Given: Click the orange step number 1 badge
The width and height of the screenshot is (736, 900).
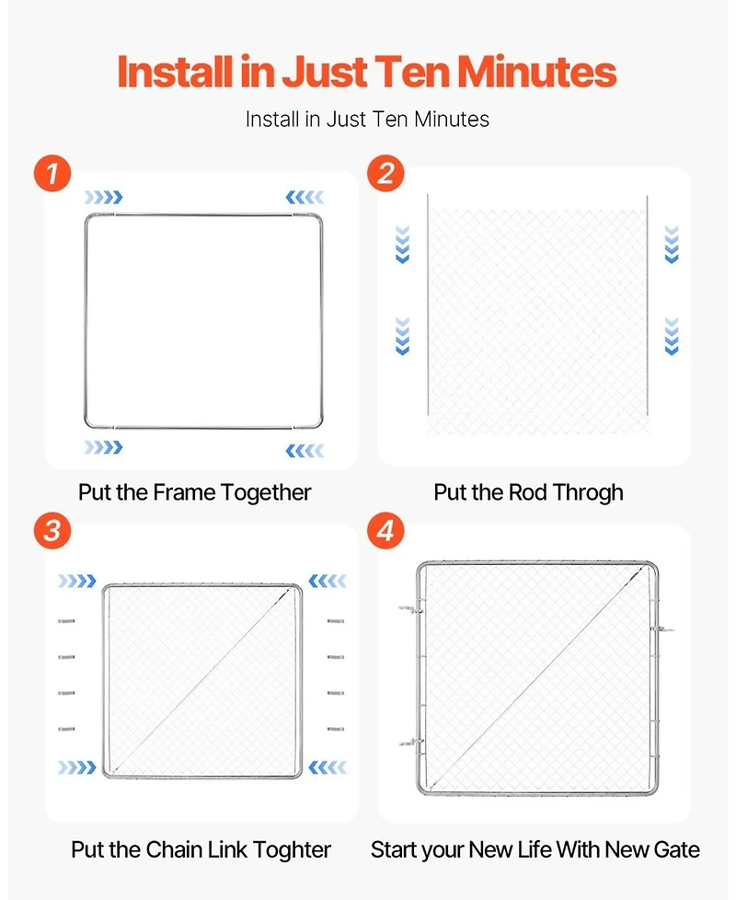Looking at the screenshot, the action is [x=52, y=174].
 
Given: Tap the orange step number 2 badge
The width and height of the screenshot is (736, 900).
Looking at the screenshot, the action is [x=385, y=174].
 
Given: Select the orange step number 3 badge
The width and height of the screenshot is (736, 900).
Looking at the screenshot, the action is [x=52, y=530].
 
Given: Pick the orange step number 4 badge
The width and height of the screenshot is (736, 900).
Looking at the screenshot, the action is [x=385, y=530].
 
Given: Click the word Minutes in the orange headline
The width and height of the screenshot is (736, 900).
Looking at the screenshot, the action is [x=536, y=72].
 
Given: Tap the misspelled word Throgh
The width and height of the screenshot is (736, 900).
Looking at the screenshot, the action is [x=588, y=493].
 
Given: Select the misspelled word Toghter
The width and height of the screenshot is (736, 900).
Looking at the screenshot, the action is [x=292, y=850].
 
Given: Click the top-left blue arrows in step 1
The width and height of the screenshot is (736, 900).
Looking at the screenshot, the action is [x=104, y=198].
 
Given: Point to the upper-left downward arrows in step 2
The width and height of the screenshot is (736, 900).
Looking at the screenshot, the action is [x=403, y=245].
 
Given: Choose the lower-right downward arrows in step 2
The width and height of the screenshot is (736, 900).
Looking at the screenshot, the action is [x=672, y=337].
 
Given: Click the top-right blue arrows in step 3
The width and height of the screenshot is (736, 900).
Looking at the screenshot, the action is [x=328, y=581].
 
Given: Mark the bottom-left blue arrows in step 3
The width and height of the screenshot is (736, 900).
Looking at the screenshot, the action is [x=77, y=767].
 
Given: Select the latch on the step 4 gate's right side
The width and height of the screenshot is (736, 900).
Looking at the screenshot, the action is [x=663, y=629].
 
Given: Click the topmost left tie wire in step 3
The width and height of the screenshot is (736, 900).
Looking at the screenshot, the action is [x=66, y=621].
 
